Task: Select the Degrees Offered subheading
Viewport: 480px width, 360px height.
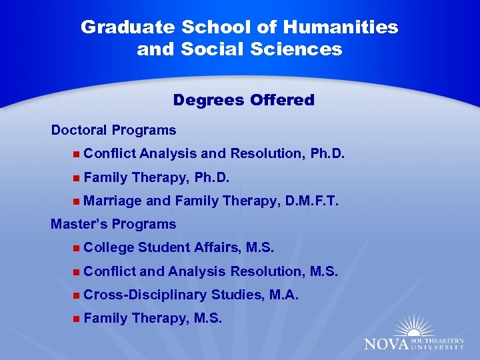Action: point(243,100)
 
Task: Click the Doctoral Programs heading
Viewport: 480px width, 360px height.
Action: point(113,130)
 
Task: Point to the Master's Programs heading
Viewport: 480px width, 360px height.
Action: point(113,224)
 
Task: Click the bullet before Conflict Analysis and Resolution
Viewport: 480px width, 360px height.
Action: point(77,154)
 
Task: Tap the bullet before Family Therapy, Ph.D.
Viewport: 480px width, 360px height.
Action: point(77,178)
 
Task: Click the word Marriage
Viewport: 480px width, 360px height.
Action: point(113,201)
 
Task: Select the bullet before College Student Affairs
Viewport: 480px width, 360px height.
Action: point(77,248)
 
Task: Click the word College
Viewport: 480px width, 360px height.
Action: point(109,248)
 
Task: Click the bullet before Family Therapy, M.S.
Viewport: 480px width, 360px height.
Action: point(77,319)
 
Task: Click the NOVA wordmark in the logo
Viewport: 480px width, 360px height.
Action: point(387,344)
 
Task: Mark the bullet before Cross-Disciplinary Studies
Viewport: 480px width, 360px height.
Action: point(77,295)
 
